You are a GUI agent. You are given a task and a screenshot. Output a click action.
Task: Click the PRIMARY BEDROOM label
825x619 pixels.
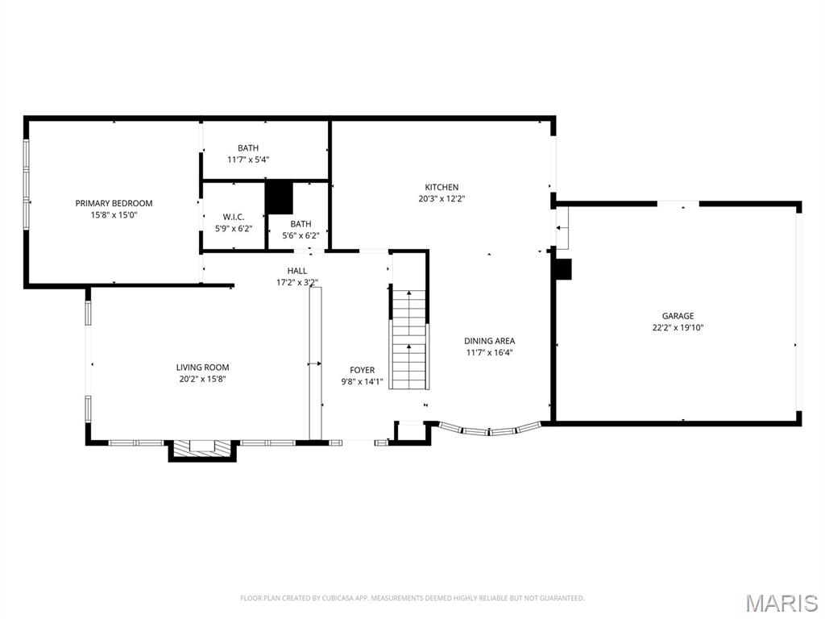coord(114,203)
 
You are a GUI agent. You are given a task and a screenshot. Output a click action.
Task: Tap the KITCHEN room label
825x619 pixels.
coord(442,187)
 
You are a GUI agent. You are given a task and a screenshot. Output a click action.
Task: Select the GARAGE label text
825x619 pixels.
coord(678,316)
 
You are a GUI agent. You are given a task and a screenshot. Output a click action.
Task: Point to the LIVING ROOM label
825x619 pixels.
coord(202,368)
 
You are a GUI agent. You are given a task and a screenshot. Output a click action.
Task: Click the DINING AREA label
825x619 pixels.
coord(489,341)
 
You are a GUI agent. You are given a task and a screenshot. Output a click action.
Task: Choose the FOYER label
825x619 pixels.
coord(362,371)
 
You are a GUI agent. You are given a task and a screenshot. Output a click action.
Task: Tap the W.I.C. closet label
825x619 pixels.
coord(234,218)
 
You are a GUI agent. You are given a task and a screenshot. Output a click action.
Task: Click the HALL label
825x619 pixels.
coord(296,271)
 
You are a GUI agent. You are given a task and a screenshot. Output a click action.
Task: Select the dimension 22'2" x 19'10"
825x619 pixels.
coord(678,327)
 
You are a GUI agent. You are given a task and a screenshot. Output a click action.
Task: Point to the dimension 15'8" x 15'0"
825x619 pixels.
coord(114,215)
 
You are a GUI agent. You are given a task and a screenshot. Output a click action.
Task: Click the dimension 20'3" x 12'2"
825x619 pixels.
coord(442,198)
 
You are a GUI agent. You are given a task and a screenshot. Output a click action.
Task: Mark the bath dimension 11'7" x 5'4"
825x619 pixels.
coord(247,160)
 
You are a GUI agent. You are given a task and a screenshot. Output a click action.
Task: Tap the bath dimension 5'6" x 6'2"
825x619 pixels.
coord(301,235)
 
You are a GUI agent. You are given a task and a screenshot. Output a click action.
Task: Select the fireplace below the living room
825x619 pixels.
coord(202,449)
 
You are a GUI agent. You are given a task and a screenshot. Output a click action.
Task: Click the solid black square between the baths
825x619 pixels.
coord(279,197)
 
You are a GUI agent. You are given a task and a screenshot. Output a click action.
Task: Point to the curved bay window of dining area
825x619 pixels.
coord(488,430)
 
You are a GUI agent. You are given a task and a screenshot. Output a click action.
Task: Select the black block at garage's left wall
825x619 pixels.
coord(563,269)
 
